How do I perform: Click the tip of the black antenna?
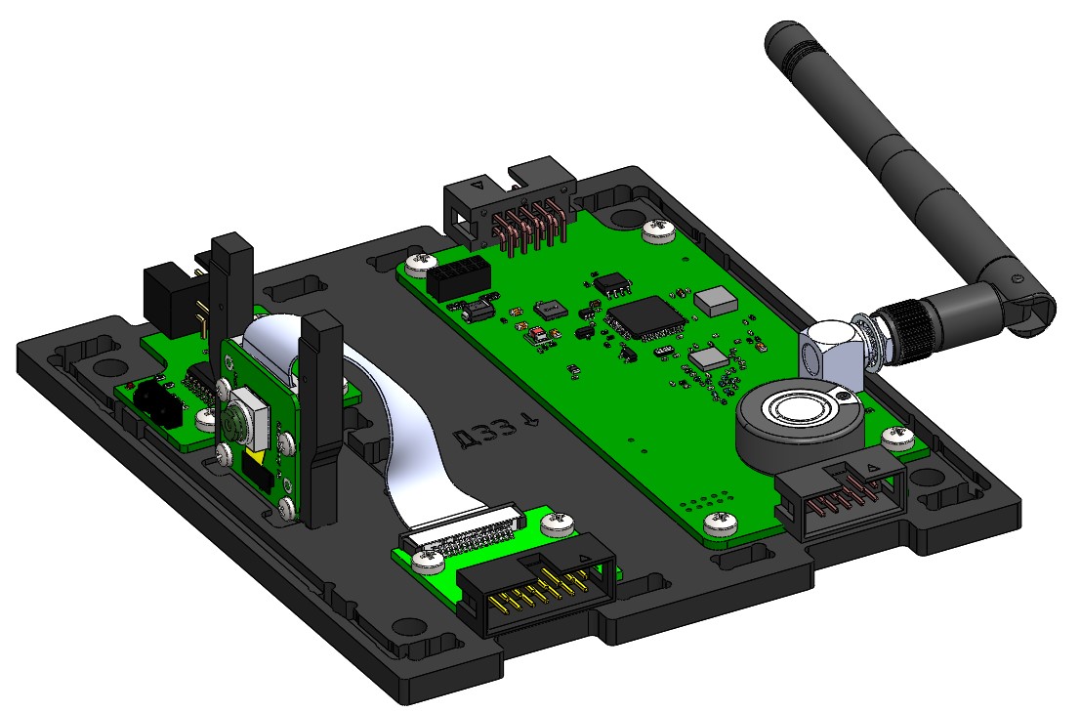(x=780, y=38)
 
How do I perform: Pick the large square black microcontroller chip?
(x=644, y=318)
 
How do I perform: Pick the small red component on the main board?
(x=538, y=334)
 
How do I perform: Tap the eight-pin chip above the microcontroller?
(x=612, y=283)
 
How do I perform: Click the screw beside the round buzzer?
(x=893, y=437)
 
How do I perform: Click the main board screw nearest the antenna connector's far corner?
(x=656, y=230)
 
